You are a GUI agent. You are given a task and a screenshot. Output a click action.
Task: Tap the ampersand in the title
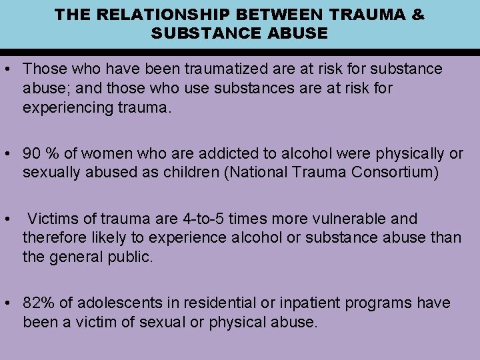(418, 14)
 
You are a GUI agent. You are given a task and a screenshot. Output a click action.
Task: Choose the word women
(99, 154)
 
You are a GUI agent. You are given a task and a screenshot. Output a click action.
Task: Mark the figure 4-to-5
(204, 219)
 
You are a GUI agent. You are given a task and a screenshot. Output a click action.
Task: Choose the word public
(131, 257)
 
